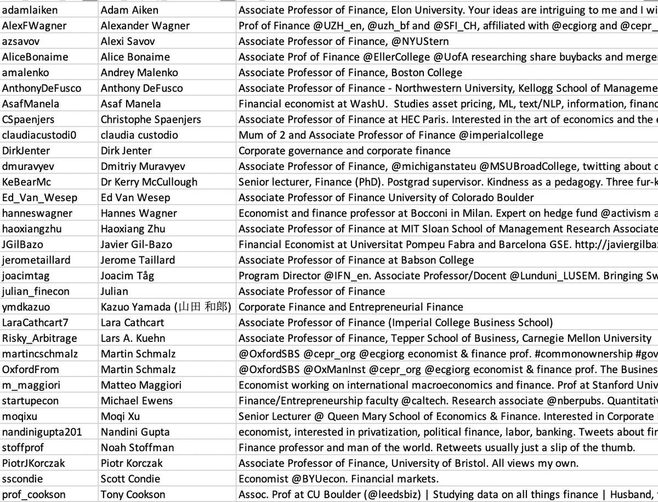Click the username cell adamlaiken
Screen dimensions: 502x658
(30, 10)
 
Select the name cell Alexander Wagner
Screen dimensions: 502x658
(145, 26)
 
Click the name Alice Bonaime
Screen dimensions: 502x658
(135, 57)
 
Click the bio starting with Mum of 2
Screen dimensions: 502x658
(390, 135)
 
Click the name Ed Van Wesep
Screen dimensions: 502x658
(135, 198)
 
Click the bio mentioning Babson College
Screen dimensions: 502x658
(356, 260)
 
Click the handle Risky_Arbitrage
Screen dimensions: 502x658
(39, 338)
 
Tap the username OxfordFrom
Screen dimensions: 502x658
(30, 369)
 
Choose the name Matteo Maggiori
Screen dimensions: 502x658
(141, 385)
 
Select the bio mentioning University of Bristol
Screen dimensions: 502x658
(408, 463)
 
